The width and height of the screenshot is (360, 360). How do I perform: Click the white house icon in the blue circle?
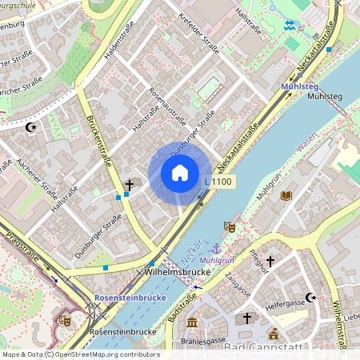179,173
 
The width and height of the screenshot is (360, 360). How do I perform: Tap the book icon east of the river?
286,194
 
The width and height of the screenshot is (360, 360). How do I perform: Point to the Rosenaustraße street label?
166,105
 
